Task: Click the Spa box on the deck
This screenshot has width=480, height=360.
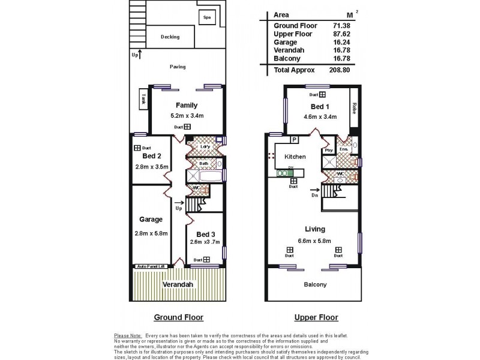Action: click(207, 17)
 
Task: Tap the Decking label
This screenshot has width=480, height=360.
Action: click(170, 37)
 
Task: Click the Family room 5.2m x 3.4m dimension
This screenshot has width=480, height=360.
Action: click(187, 116)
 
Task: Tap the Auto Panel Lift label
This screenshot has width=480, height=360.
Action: click(151, 266)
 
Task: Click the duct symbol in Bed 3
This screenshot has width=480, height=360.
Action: click(206, 260)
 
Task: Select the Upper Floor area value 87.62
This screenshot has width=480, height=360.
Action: click(341, 34)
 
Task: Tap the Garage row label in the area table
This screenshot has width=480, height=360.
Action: click(284, 43)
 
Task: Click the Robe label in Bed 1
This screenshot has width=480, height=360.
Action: click(355, 108)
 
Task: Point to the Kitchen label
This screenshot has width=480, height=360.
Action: click(295, 157)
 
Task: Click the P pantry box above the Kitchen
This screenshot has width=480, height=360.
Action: click(295, 140)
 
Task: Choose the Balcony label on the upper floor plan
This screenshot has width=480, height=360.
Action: click(314, 284)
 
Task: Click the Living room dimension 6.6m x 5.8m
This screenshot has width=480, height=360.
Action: click(314, 241)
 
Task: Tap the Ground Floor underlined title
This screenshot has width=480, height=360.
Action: click(178, 317)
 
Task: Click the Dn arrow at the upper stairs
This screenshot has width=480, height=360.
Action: click(315, 194)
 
